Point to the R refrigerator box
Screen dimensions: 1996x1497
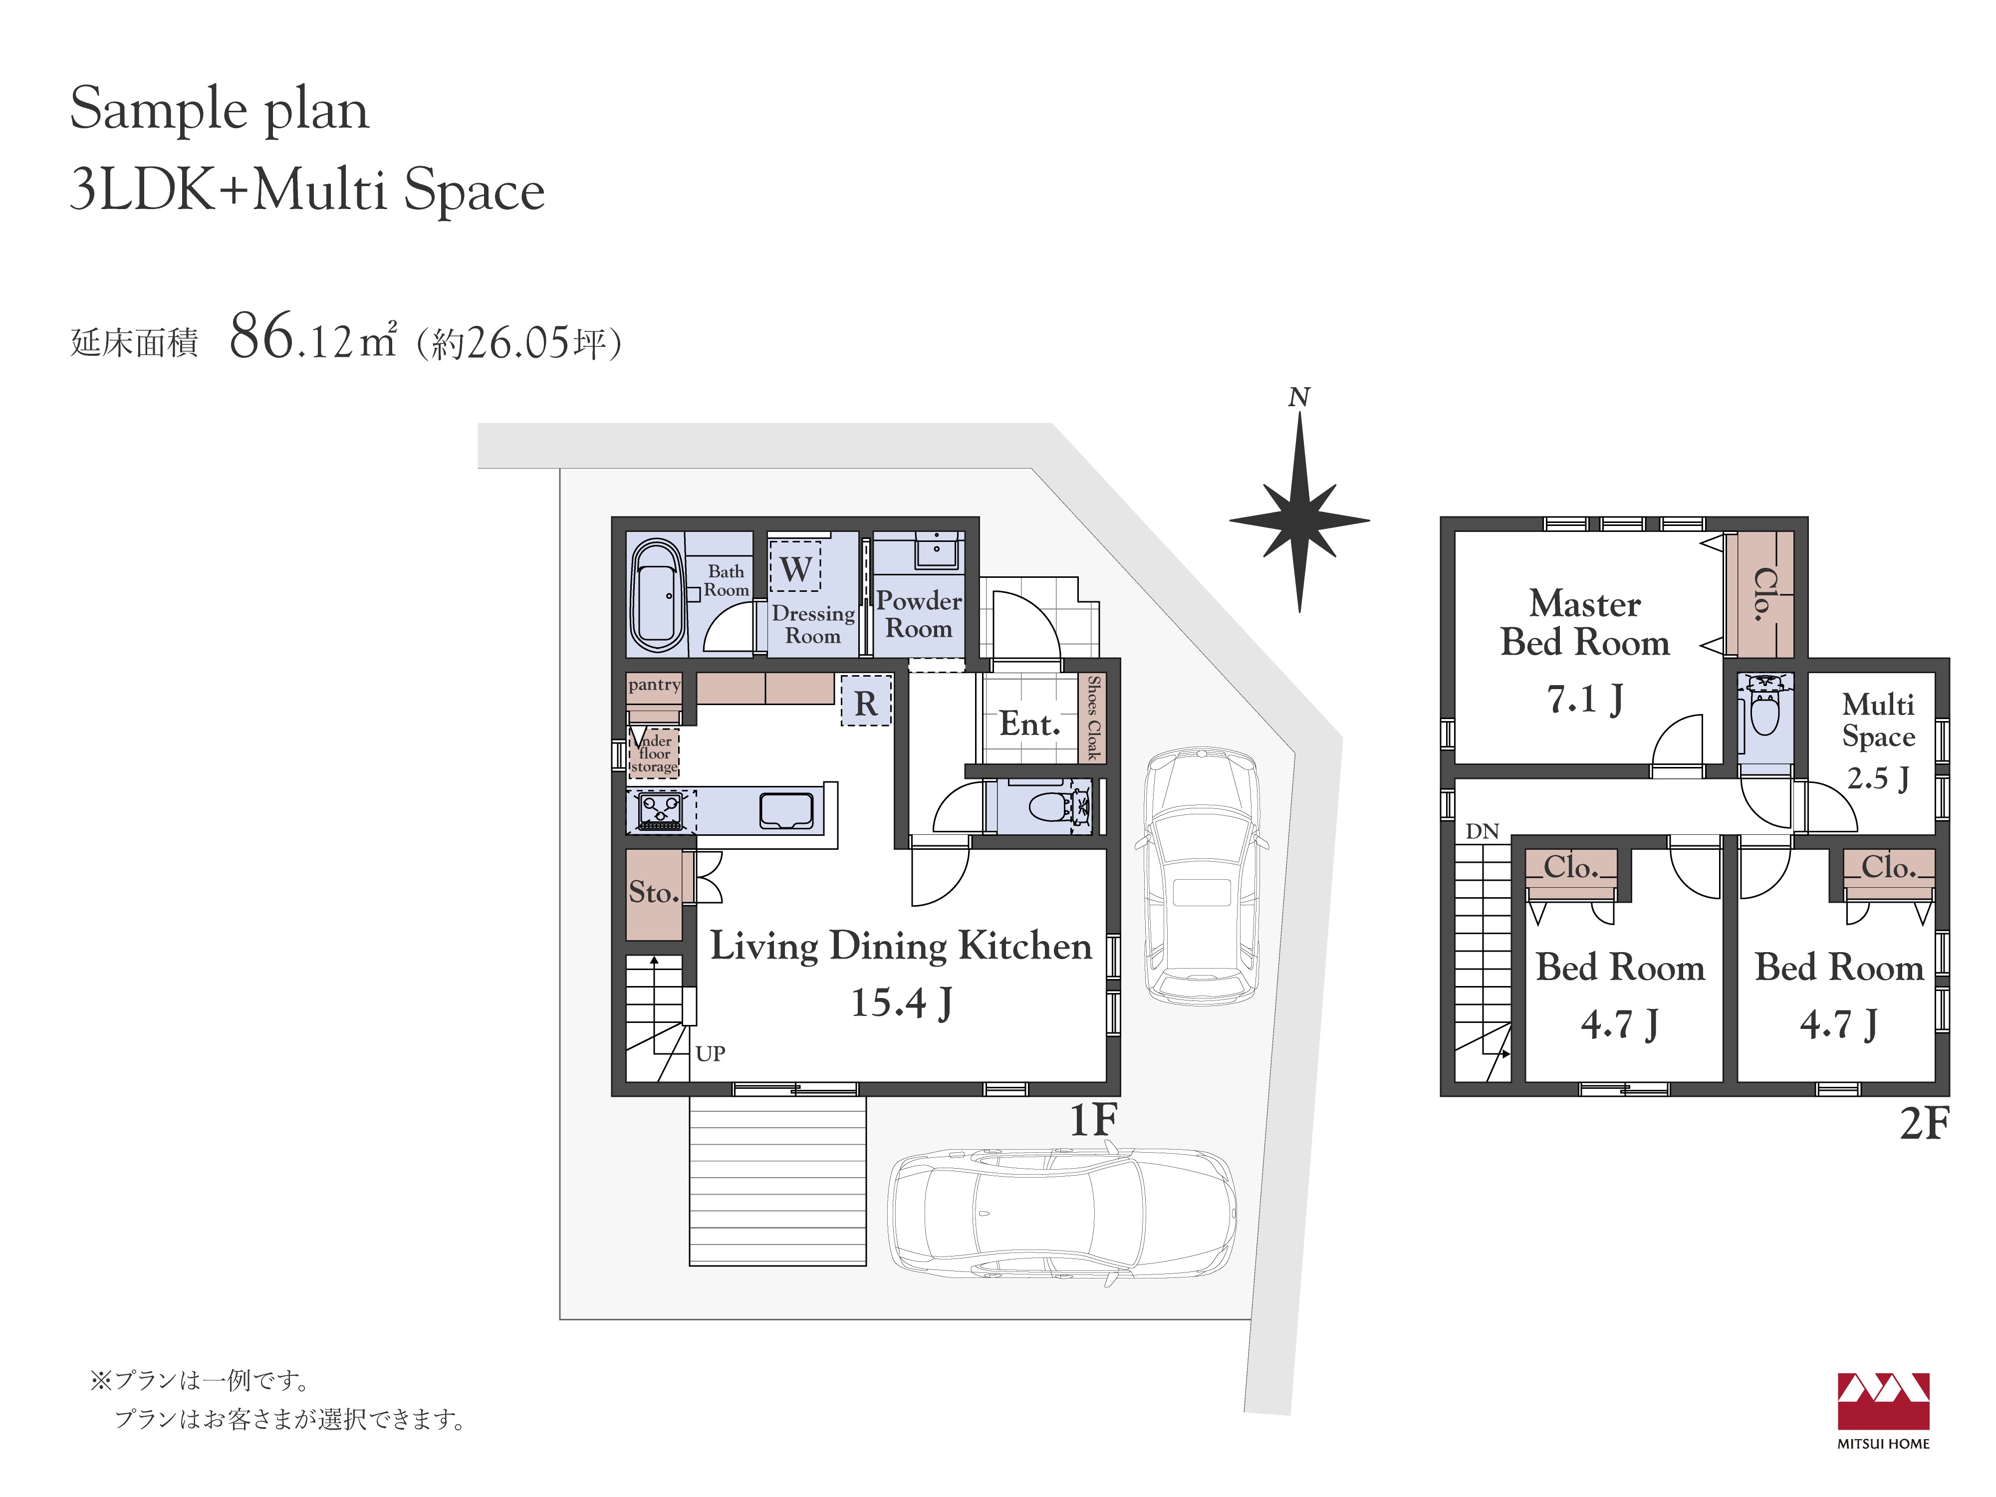[x=866, y=701]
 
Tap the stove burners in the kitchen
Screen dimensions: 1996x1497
[x=661, y=810]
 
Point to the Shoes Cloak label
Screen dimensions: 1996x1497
[x=1094, y=718]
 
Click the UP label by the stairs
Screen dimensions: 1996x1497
[x=710, y=1053]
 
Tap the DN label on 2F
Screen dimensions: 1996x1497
[x=1482, y=831]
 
